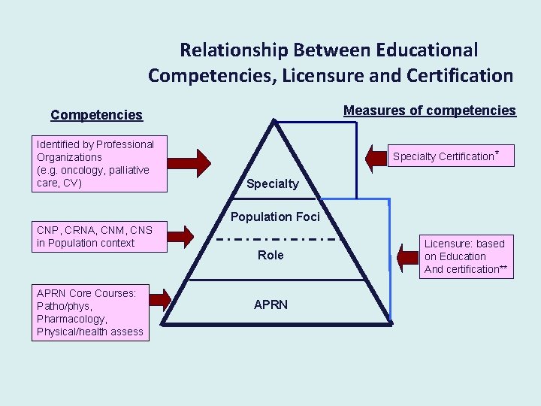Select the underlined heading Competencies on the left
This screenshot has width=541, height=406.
tap(96, 115)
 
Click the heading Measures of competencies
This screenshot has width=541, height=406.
tap(430, 111)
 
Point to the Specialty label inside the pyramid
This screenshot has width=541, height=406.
tap(272, 183)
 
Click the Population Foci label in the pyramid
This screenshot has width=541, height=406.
tap(275, 217)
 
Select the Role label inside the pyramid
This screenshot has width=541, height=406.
tap(270, 255)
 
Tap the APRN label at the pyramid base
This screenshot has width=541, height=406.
tap(270, 304)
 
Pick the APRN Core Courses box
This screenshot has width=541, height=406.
tap(89, 312)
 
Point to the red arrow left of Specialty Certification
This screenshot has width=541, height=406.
tap(375, 156)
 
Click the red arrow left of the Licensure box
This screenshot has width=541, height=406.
tap(409, 256)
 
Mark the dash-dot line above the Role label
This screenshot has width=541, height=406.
tap(275, 239)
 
